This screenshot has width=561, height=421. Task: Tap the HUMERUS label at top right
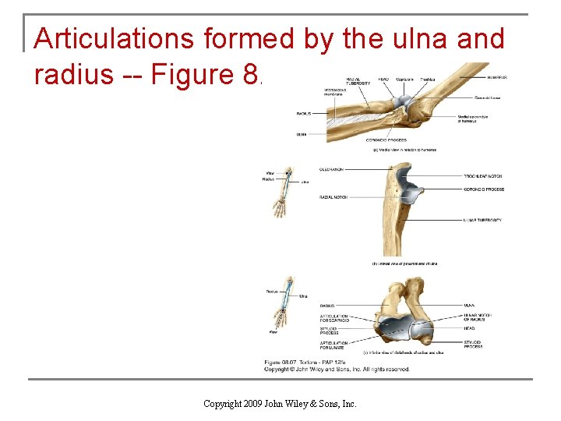498,78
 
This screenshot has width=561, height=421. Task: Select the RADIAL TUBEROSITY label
358,81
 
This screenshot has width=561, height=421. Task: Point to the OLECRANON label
332,169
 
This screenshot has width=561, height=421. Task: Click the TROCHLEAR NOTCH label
483,176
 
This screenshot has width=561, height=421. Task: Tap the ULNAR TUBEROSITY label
483,220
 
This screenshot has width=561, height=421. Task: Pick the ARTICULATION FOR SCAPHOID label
334,318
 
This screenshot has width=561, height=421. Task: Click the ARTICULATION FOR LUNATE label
334,345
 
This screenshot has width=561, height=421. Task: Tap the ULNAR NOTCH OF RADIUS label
477,318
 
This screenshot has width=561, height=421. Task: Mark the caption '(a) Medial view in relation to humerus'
404,150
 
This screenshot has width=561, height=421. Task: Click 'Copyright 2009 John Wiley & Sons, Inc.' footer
280,403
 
